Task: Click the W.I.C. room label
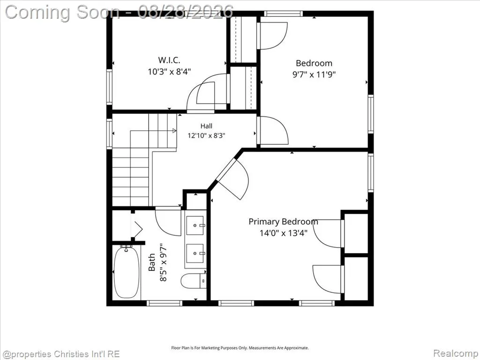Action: (169, 60)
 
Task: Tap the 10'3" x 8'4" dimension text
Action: (169, 72)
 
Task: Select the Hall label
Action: (206, 126)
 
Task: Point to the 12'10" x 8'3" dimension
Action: (206, 135)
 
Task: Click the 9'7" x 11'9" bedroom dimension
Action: (314, 75)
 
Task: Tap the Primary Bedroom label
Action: (283, 222)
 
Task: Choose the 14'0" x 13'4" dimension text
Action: (284, 233)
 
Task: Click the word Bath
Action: (152, 262)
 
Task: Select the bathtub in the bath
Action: (127, 272)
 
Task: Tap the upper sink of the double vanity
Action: (195, 225)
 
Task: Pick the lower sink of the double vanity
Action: (195, 253)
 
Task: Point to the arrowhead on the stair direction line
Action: (174, 131)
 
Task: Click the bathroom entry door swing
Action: (168, 222)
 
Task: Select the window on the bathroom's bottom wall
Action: (165, 303)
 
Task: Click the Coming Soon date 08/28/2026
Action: (186, 12)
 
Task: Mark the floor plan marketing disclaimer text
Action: (240, 348)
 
